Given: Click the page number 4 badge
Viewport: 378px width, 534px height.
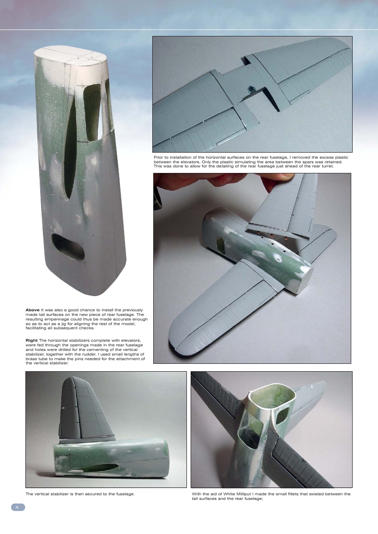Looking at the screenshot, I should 18,507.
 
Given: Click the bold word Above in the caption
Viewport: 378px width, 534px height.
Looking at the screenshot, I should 33,309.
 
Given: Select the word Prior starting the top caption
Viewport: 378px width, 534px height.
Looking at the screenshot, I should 159,158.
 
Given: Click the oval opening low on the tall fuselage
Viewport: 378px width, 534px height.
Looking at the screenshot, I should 67,247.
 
